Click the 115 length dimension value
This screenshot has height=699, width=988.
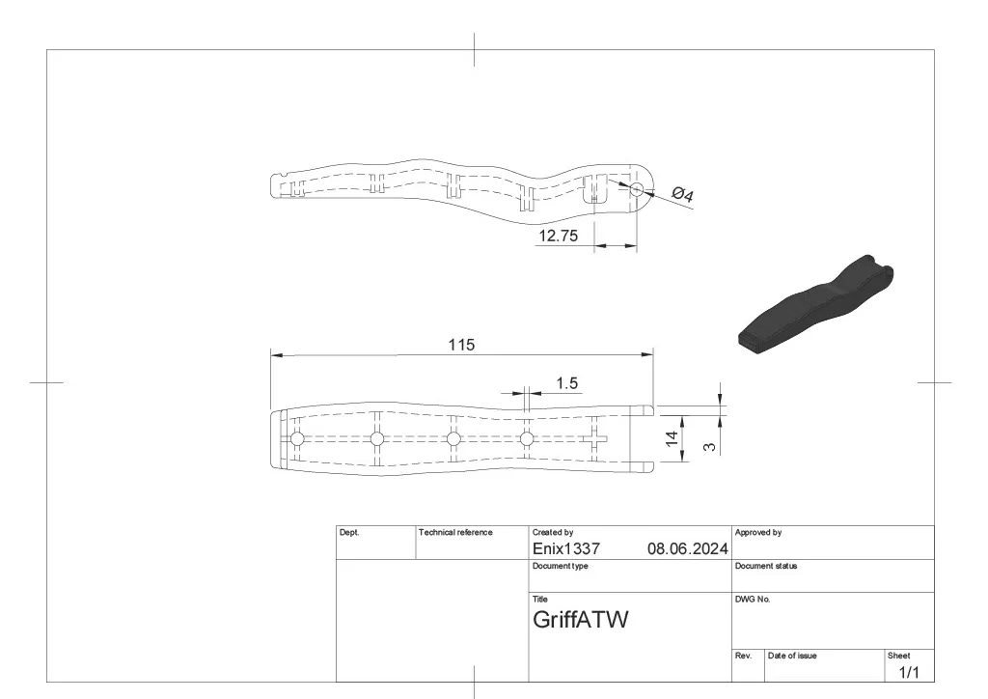tap(461, 345)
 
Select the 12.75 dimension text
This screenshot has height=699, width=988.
tap(559, 236)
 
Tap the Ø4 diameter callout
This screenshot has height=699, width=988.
tap(682, 194)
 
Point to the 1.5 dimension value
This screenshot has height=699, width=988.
tap(567, 383)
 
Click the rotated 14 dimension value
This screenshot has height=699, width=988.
tap(672, 438)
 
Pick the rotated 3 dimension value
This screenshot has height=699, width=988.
tap(709, 446)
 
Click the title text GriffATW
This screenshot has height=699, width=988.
tap(580, 620)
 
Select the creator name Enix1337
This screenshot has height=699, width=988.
tap(565, 549)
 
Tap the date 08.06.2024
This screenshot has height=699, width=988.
tap(687, 549)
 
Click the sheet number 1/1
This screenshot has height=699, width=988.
tap(908, 673)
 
